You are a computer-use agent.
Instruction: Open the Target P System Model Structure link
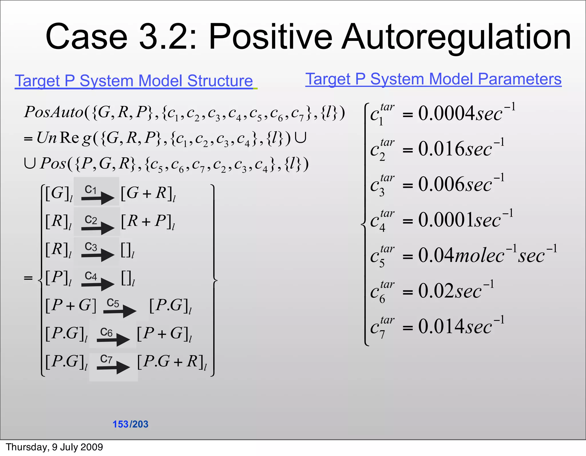(x=134, y=81)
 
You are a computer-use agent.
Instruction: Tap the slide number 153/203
(x=130, y=424)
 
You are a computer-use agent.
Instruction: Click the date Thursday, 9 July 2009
(x=54, y=447)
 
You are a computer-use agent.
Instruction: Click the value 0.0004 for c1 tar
(x=446, y=114)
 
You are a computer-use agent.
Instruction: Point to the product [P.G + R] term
(x=172, y=362)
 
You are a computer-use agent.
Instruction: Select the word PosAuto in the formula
(x=54, y=112)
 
